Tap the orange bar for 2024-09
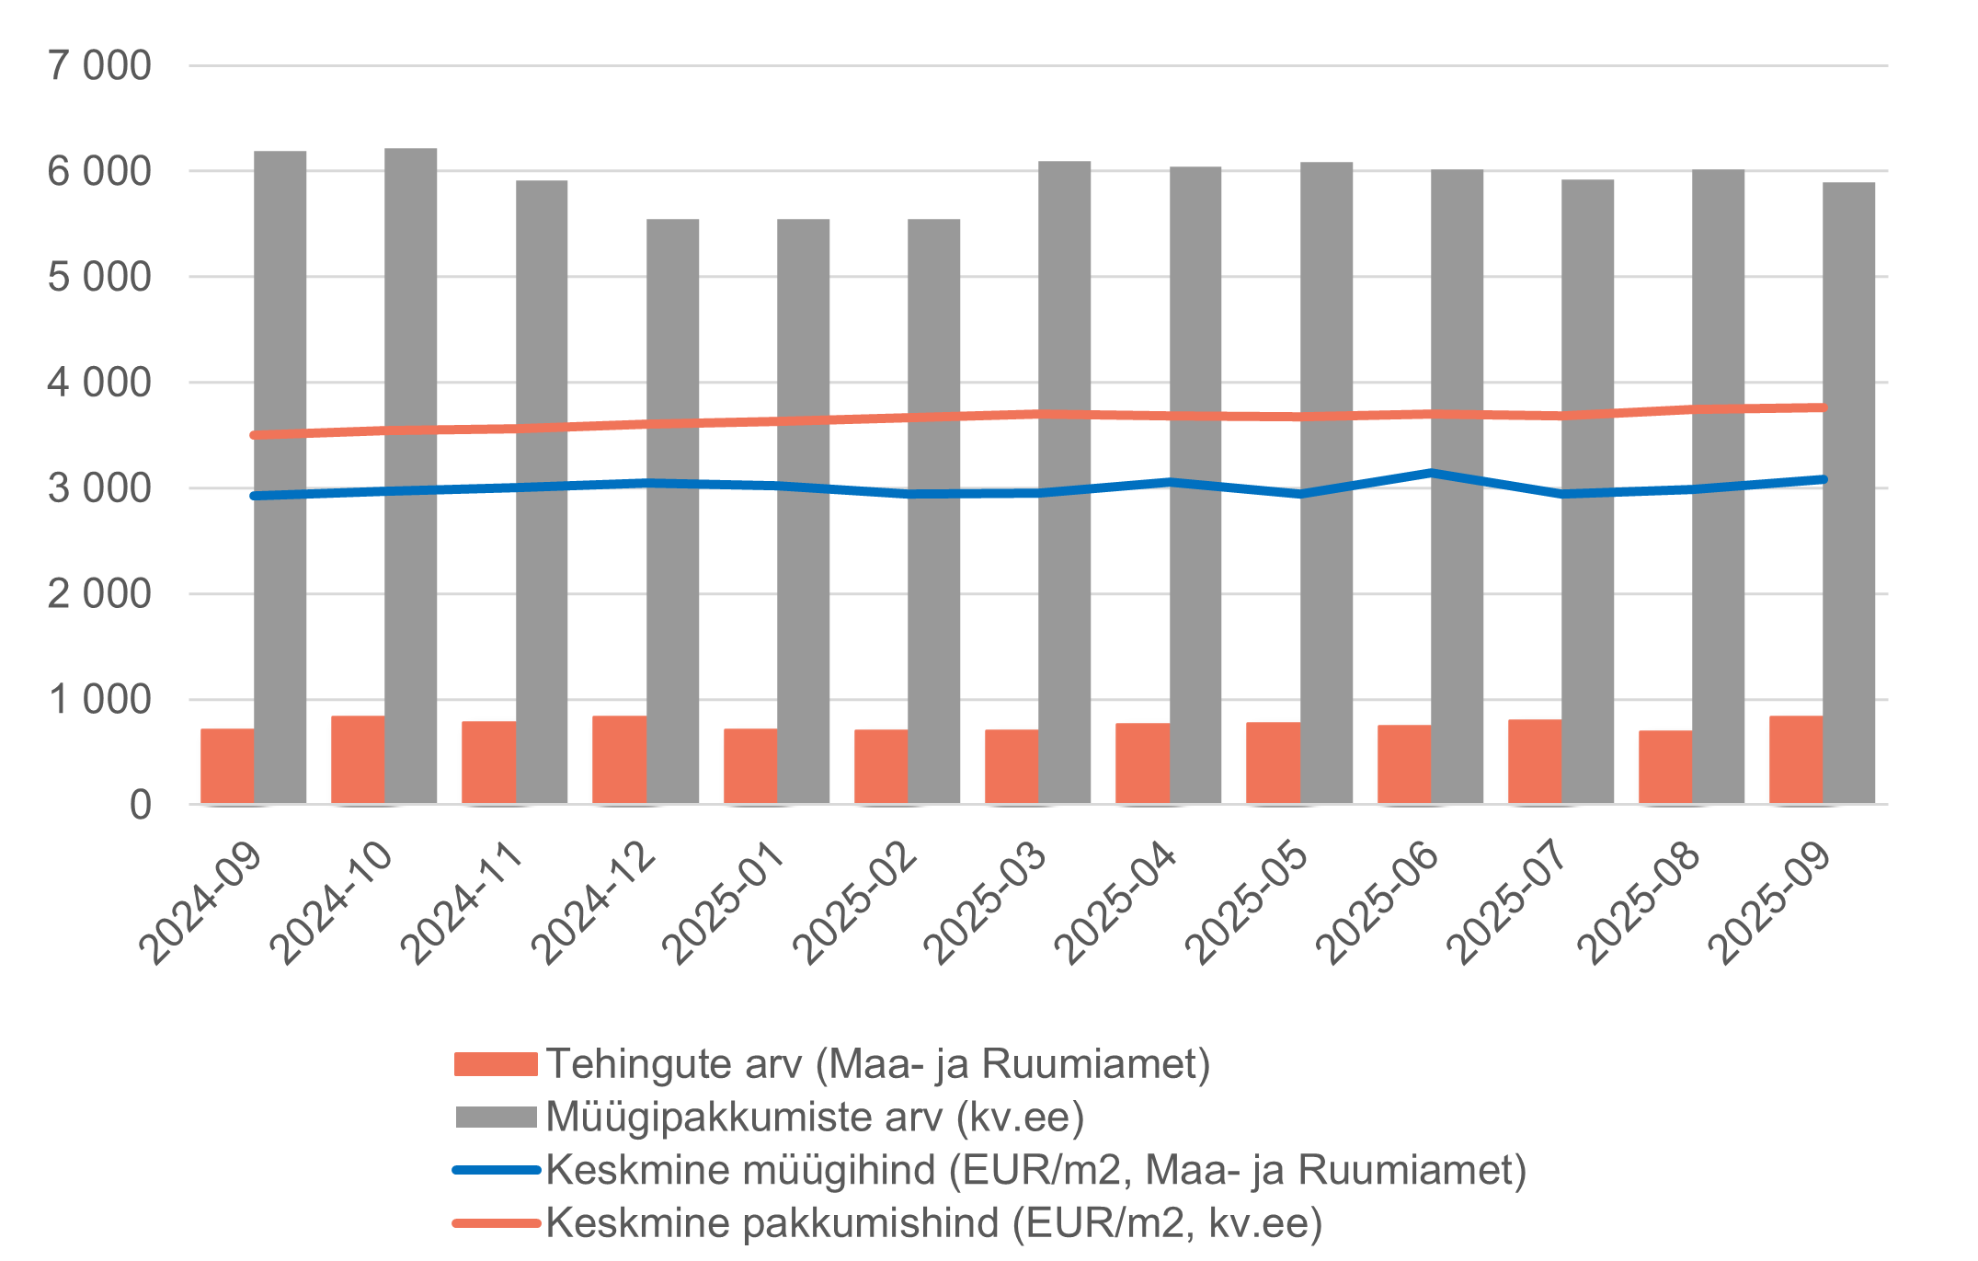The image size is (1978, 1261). pos(227,766)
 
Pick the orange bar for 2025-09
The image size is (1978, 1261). pos(1795,760)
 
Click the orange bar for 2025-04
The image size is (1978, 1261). pos(1142,763)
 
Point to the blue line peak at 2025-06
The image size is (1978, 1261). pos(1431,473)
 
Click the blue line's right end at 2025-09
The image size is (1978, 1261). pos(1823,479)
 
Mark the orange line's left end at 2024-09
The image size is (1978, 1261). pos(255,435)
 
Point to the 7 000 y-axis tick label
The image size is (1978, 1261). pos(99,66)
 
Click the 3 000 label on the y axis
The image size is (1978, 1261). pos(99,488)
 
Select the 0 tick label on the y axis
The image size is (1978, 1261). pos(140,806)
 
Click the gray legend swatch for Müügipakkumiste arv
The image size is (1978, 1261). pos(496,1118)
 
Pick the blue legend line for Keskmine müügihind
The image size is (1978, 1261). pos(496,1170)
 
